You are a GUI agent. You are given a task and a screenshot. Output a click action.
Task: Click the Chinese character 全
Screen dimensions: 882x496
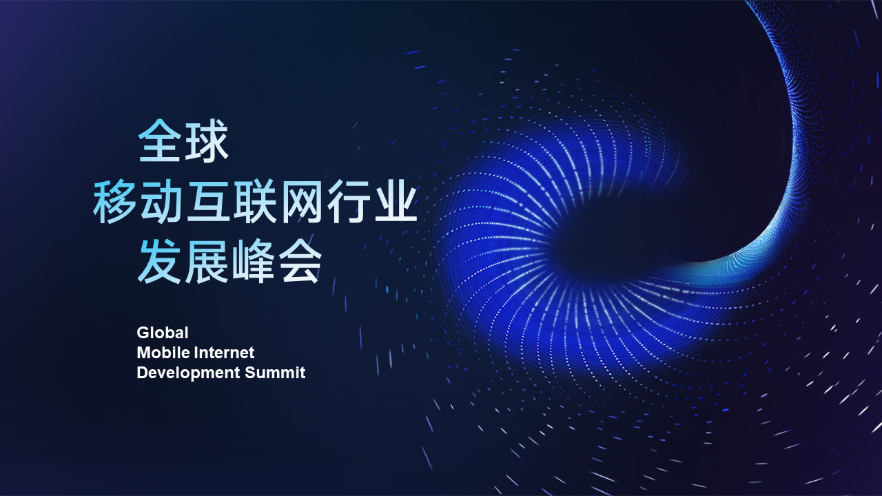point(160,141)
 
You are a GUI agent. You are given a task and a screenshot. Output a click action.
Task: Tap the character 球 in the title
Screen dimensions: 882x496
point(206,141)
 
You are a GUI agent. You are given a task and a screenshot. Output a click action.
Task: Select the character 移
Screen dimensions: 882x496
point(114,201)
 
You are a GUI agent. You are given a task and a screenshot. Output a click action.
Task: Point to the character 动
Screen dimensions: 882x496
point(161,201)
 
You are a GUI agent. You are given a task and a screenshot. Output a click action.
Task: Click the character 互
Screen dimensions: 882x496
point(208,202)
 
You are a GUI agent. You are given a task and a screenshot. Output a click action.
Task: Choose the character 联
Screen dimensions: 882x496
point(255,201)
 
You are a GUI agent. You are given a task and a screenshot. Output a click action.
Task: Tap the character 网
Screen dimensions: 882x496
point(302,202)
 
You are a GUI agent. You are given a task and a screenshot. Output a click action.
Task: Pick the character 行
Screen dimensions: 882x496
point(349,201)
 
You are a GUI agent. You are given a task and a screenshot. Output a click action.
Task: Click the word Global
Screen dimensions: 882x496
point(162,333)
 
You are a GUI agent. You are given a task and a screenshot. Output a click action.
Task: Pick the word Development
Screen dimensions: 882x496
point(188,373)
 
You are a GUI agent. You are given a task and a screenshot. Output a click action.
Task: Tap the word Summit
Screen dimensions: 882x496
point(275,373)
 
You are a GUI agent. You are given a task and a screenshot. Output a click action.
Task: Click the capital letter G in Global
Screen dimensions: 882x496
point(143,333)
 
